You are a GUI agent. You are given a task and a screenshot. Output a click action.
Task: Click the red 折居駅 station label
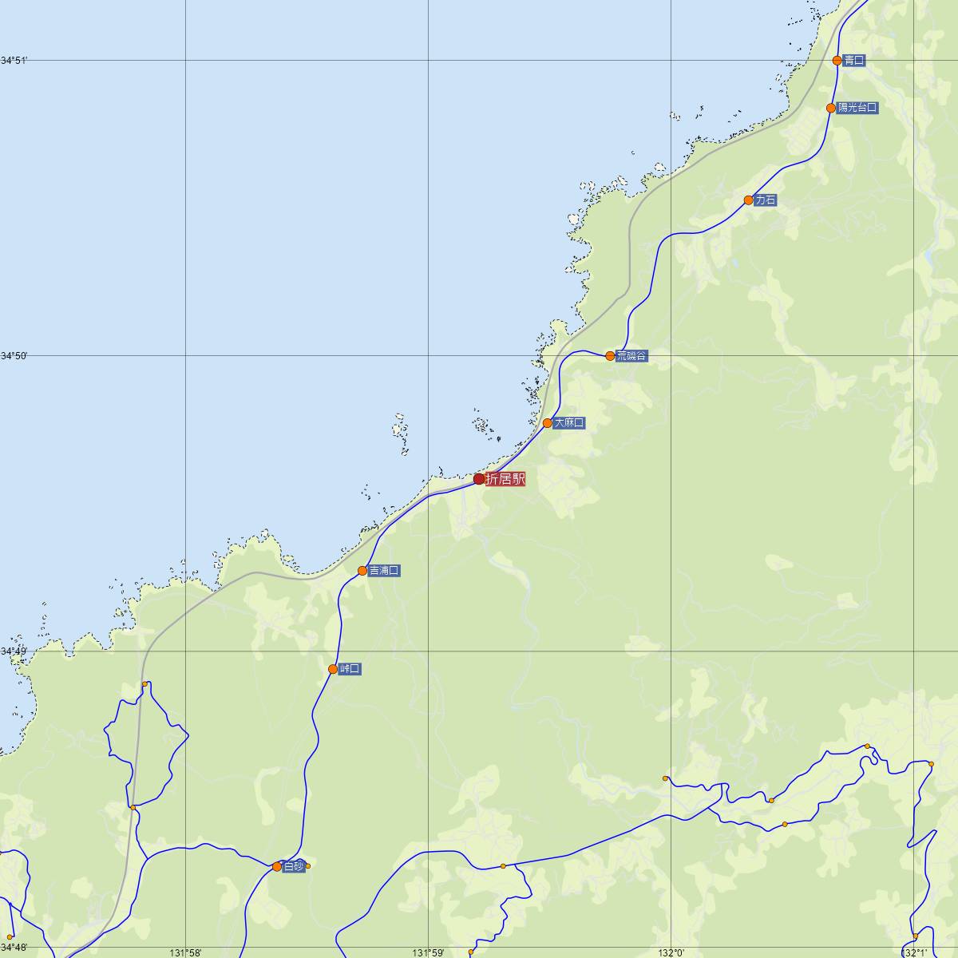pyautogui.click(x=505, y=479)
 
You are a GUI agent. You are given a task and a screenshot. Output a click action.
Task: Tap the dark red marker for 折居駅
pyautogui.click(x=479, y=479)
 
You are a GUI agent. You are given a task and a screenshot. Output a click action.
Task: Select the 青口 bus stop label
pyautogui.click(x=853, y=61)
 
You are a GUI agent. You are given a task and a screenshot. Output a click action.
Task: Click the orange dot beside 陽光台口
pyautogui.click(x=831, y=108)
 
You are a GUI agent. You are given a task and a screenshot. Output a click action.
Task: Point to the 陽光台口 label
pyautogui.click(x=858, y=108)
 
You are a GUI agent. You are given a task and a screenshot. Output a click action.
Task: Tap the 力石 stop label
pyautogui.click(x=765, y=200)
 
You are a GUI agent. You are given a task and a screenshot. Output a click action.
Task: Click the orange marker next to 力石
pyautogui.click(x=748, y=200)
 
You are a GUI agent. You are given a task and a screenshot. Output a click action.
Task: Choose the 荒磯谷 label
pyautogui.click(x=631, y=356)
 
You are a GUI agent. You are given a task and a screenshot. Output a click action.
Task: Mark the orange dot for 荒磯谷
pyautogui.click(x=610, y=356)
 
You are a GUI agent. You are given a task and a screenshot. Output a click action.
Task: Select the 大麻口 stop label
pyautogui.click(x=569, y=423)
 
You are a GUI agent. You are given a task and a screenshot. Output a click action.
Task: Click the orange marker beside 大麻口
pyautogui.click(x=548, y=423)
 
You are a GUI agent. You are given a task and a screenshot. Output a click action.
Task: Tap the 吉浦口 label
pyautogui.click(x=384, y=571)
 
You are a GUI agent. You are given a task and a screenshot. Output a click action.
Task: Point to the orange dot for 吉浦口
pyautogui.click(x=362, y=571)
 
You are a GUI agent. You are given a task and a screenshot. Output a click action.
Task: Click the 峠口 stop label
pyautogui.click(x=350, y=669)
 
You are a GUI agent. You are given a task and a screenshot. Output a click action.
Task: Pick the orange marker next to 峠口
pyautogui.click(x=333, y=669)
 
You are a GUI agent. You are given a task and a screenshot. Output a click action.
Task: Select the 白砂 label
pyautogui.click(x=293, y=866)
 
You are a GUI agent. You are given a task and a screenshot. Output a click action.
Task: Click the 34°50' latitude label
pyautogui.click(x=14, y=356)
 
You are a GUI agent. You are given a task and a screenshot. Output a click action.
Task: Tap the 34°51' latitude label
pyautogui.click(x=14, y=61)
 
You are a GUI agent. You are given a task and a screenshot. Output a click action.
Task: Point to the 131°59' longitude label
pyautogui.click(x=428, y=952)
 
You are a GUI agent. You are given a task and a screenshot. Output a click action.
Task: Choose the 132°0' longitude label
pyautogui.click(x=671, y=952)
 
